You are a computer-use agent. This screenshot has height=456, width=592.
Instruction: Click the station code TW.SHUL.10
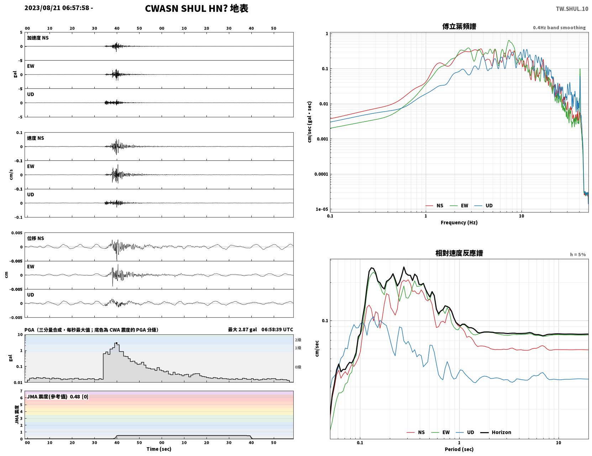[x=572, y=9]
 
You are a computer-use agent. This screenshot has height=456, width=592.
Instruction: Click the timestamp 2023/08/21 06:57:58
[x=57, y=7]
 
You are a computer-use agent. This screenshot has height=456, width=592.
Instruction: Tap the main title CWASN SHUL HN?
[x=186, y=9]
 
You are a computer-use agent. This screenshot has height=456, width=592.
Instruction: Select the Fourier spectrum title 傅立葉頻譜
[x=459, y=26]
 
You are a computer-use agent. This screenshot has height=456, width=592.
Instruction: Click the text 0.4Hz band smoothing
[x=559, y=27]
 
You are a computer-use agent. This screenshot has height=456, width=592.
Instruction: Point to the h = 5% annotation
[x=577, y=255]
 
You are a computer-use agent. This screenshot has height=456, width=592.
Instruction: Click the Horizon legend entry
[x=496, y=432]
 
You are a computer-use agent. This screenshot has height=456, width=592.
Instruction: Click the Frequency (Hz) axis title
[x=459, y=222]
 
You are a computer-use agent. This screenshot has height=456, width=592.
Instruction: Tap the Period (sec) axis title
[x=459, y=449]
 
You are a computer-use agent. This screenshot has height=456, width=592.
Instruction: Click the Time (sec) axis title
[x=159, y=449]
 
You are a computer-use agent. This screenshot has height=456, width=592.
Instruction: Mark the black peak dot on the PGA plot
[x=117, y=343]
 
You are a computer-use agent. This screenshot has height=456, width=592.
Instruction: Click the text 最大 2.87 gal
[x=242, y=329]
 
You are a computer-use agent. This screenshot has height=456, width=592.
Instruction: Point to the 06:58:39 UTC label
[x=277, y=329]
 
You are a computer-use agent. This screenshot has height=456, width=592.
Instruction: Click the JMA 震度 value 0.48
[x=75, y=396]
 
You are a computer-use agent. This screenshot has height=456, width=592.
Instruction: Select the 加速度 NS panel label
[x=38, y=38]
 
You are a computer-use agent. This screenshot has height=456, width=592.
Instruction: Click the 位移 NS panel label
[x=35, y=239]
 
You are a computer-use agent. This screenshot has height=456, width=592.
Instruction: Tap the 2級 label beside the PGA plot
[x=298, y=340]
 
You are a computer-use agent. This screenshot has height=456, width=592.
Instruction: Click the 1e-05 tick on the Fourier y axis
[x=322, y=209]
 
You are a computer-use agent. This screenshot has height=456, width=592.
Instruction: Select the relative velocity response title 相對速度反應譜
[x=459, y=253]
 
